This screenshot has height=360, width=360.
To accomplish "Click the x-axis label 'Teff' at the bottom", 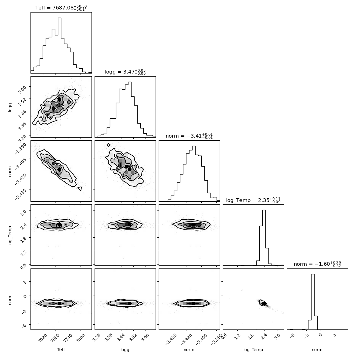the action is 61,350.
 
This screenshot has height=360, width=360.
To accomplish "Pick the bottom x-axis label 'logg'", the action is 125,350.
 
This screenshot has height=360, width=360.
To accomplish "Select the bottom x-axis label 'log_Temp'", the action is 253,350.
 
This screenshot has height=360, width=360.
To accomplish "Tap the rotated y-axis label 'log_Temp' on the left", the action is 10,236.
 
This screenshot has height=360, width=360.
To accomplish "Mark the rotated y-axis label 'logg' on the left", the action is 10,107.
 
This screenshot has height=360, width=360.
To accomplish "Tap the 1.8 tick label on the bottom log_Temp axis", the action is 251,337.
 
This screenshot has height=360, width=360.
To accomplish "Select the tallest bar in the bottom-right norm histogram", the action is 313,302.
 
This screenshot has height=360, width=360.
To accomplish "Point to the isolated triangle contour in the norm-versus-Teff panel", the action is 80,189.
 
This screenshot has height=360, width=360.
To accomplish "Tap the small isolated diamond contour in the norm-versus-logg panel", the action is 109,145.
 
